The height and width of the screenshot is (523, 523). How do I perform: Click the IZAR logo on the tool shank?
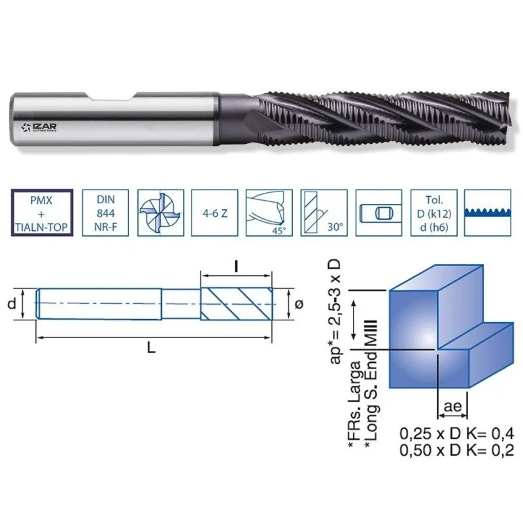tap(39, 127)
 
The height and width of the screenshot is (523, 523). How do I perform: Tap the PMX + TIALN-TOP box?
tap(42, 213)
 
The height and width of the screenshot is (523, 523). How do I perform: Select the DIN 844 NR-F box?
tap(105, 213)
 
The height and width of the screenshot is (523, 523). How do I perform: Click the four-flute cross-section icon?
tap(161, 213)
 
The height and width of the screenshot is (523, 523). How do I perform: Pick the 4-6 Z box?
tap(215, 213)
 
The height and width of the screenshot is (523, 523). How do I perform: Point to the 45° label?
tap(279, 231)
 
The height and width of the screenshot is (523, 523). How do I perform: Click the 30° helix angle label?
tap(335, 227)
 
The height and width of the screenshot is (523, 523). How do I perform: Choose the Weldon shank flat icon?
tap(379, 213)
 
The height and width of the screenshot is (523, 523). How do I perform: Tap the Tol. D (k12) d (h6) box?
tap(433, 213)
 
